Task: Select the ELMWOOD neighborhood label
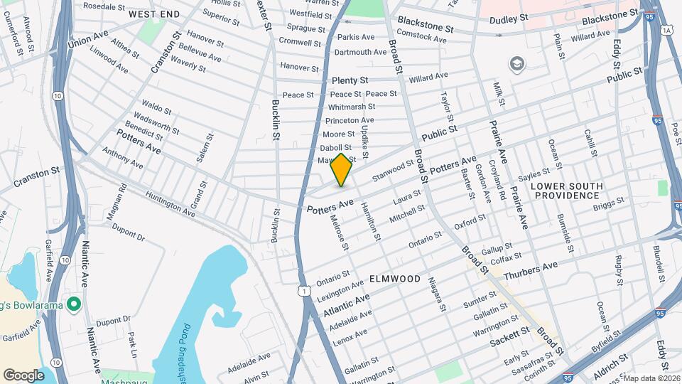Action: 395,279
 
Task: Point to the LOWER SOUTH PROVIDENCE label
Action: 566,191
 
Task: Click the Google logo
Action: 23,375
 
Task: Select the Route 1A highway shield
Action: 666,30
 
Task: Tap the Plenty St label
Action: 350,80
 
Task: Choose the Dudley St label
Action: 514,18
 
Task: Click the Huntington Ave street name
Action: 170,203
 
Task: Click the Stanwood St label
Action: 394,169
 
